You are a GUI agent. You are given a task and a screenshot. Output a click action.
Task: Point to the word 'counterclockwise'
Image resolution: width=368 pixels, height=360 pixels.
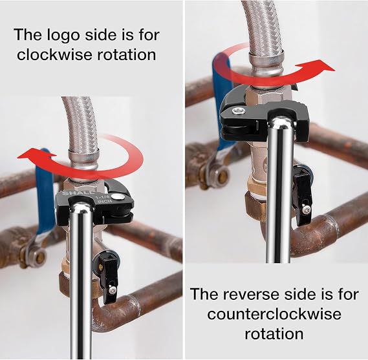(x=274, y=314)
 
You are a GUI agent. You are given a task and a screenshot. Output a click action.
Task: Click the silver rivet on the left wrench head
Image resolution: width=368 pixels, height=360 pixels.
(x=116, y=196)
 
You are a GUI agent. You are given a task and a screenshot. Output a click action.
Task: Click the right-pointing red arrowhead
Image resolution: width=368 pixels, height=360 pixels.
(x=323, y=67)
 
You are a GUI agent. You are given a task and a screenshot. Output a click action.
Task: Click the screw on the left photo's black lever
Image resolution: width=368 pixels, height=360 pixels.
(x=112, y=291)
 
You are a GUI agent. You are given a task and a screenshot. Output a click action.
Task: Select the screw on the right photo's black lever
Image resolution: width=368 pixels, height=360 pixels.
(x=307, y=210)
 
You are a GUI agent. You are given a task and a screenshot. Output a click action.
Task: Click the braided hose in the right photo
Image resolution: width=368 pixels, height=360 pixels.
(x=263, y=28)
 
